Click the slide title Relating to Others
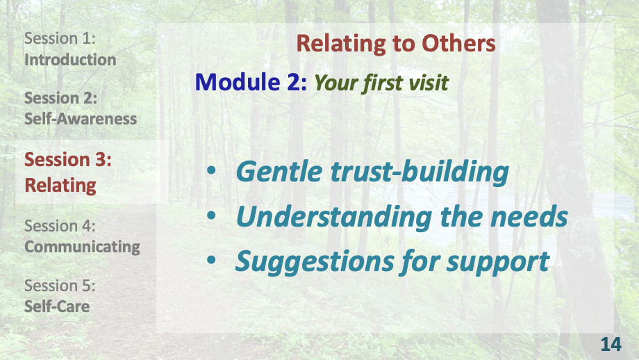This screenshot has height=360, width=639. click(x=396, y=43)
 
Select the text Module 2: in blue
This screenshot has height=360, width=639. click(x=251, y=82)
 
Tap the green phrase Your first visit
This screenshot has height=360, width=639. click(x=381, y=83)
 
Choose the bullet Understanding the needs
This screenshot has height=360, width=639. click(x=401, y=217)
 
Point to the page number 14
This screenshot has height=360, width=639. click(x=611, y=343)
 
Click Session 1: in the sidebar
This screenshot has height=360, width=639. click(x=60, y=39)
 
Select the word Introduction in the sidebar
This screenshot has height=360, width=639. click(x=70, y=60)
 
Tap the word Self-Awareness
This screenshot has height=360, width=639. click(x=81, y=118)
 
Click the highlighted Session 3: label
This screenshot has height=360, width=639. click(x=68, y=160)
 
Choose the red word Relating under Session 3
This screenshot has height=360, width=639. click(x=60, y=186)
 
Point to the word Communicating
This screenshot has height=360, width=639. click(x=82, y=246)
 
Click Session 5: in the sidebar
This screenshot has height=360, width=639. click(x=60, y=285)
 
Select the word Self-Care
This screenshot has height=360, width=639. click(x=57, y=306)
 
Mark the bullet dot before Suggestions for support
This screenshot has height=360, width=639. click(x=213, y=262)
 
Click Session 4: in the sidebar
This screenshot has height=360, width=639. click(x=60, y=226)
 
